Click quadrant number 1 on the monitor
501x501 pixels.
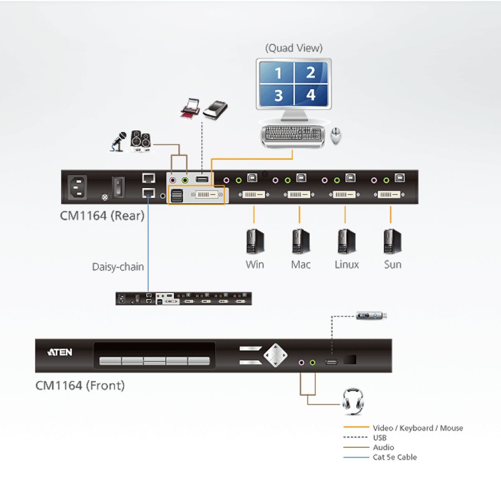277,73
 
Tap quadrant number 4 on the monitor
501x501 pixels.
311,95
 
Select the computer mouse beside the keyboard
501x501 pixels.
336,136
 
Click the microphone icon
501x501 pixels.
119,142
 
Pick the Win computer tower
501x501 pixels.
255,241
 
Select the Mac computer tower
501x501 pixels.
301,241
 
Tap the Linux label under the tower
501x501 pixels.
347,265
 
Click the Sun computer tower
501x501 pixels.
392,241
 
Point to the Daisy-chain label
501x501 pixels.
118,267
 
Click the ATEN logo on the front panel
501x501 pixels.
60,352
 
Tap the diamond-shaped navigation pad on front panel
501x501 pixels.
276,356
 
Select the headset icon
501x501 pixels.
353,401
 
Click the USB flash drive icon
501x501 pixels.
371,316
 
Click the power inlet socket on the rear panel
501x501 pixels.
77,187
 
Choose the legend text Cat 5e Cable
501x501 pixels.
395,457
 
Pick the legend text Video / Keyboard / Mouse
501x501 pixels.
417,428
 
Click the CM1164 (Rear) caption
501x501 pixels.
102,216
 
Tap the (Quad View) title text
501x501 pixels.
294,48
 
